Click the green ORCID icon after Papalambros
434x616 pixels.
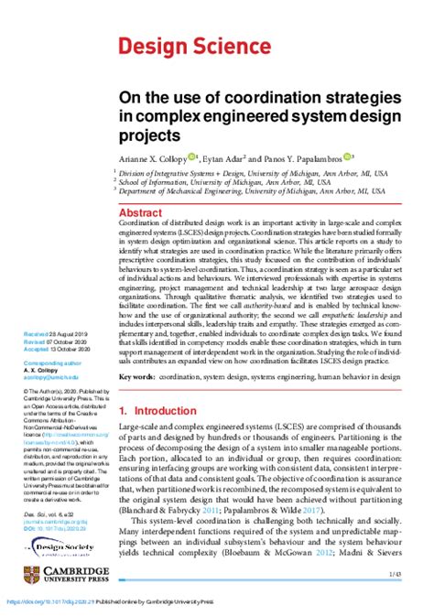coord(348,157)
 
